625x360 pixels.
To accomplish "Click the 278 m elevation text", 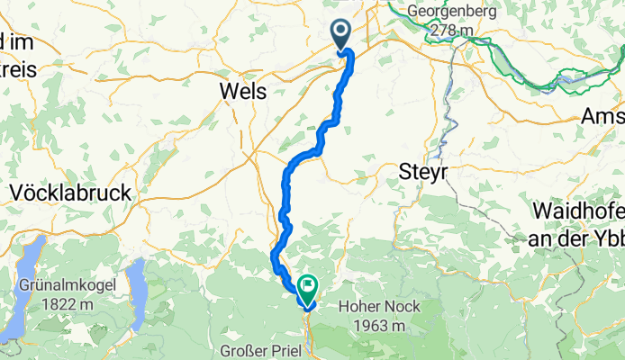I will (452, 31).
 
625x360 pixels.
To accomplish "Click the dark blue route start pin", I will (342, 34).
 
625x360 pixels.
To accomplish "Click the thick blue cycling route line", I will (297, 162).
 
